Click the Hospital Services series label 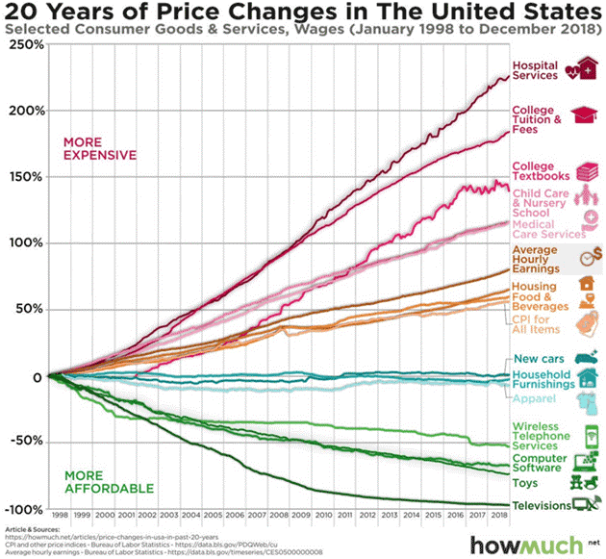tap(535, 70)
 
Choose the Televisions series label tap(540, 505)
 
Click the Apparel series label tap(534, 398)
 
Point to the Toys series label tap(525, 484)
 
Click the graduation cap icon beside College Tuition tap(585, 116)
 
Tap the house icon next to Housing tap(585, 284)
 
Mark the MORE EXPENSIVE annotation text tap(100, 148)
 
